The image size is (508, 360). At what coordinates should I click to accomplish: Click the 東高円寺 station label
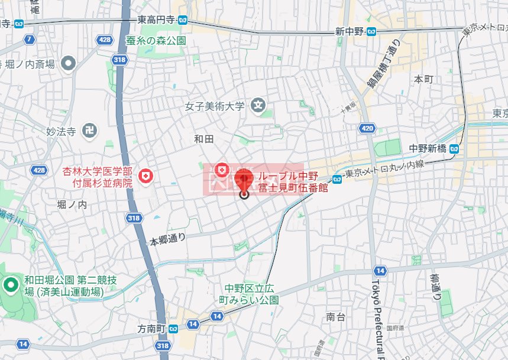(x=157, y=20)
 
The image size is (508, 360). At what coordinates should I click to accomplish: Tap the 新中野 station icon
(x=371, y=31)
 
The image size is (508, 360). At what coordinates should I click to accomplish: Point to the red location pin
(x=244, y=180)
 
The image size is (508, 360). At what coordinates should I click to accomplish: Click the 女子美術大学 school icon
(x=258, y=106)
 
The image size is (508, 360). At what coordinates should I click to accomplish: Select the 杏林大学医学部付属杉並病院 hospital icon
(x=145, y=176)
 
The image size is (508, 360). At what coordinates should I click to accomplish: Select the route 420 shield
(x=367, y=128)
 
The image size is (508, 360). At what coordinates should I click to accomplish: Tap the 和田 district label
(x=203, y=139)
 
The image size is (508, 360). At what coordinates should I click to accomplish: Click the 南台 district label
(x=335, y=317)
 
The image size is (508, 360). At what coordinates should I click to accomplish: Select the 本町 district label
(x=423, y=79)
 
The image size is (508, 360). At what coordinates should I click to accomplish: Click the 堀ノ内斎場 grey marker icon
(x=69, y=62)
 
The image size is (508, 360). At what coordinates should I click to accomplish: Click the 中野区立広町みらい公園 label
(x=251, y=294)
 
